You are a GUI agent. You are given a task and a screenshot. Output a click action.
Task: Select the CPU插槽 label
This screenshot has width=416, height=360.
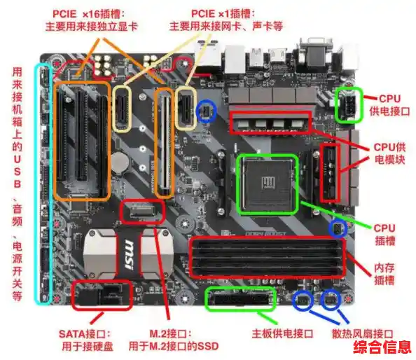[384, 234]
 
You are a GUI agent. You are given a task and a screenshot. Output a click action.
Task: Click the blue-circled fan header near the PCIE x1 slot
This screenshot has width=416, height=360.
[207, 109]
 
